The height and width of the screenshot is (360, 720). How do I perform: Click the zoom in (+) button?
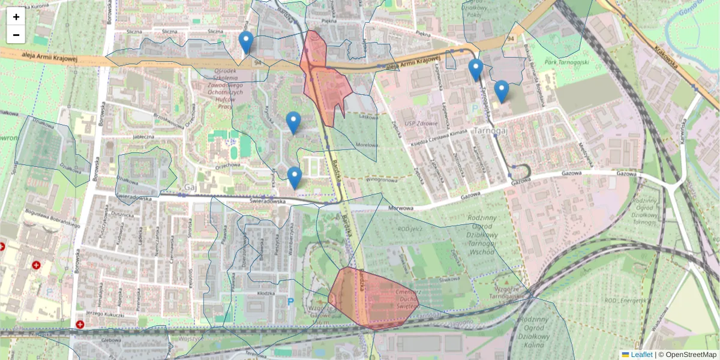[16, 17]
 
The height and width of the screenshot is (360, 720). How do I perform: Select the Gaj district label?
[191, 187]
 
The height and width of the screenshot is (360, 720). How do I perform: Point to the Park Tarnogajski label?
[567, 62]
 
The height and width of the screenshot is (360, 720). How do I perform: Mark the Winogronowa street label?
[382, 179]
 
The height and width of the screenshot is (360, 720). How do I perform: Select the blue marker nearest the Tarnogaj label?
[501, 92]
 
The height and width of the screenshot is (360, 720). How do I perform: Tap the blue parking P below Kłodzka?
[291, 301]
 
